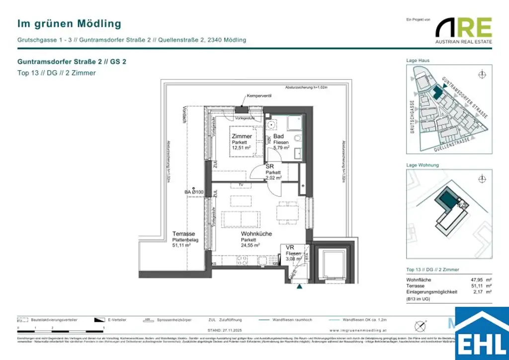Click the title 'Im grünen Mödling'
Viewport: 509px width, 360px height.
click(69, 23)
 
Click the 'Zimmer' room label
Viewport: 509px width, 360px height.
click(242, 136)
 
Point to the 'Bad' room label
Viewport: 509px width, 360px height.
click(278, 136)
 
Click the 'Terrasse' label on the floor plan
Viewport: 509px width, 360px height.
click(183, 233)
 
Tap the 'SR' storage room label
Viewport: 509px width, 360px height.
click(270, 167)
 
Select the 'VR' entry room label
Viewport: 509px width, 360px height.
click(290, 247)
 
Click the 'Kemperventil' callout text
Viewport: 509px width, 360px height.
click(259, 95)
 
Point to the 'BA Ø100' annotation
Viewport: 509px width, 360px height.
click(194, 192)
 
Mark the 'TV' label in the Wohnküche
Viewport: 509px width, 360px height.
click(241, 185)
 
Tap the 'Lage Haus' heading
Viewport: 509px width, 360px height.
click(418, 61)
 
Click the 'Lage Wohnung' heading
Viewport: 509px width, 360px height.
click(423, 165)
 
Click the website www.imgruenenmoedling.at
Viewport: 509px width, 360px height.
click(353, 330)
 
